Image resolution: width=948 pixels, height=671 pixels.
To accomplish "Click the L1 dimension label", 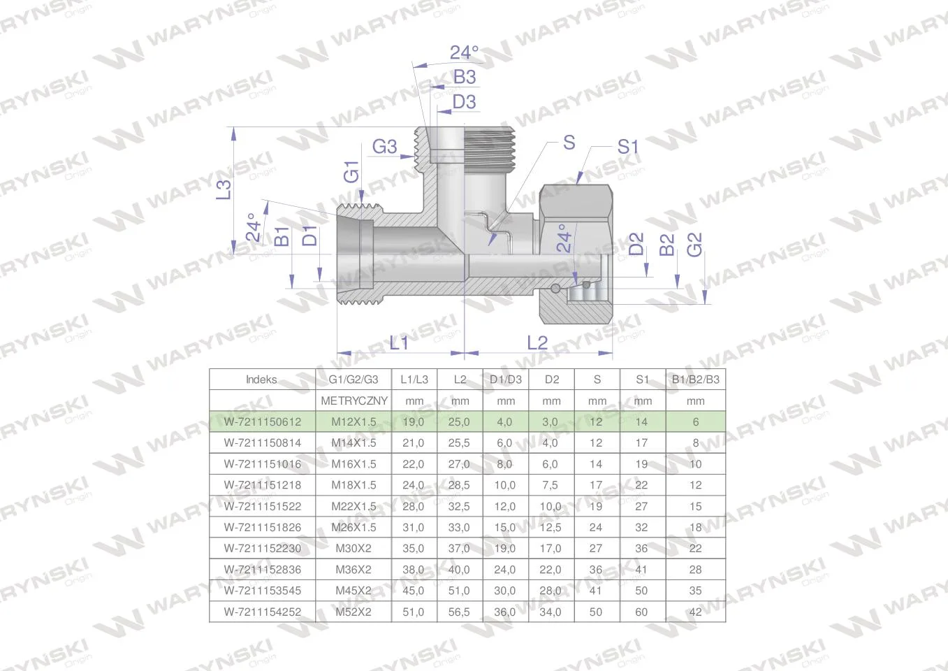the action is tap(399, 342).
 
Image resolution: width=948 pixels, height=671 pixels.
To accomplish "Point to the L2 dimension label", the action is tap(537, 342).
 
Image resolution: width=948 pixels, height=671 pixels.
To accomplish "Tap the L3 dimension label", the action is tap(224, 189).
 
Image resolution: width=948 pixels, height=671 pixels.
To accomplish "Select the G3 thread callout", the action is tap(384, 147).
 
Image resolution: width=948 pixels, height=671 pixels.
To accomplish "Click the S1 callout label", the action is tap(627, 147).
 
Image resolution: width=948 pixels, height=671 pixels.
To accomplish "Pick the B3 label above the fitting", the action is tap(465, 77).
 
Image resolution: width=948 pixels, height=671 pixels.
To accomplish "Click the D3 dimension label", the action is tap(465, 102).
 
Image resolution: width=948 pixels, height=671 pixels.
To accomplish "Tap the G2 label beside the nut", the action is tap(694, 245).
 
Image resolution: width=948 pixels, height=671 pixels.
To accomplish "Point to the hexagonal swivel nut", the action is tap(576, 254).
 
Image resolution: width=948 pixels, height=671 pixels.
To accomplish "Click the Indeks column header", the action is tap(261, 380).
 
